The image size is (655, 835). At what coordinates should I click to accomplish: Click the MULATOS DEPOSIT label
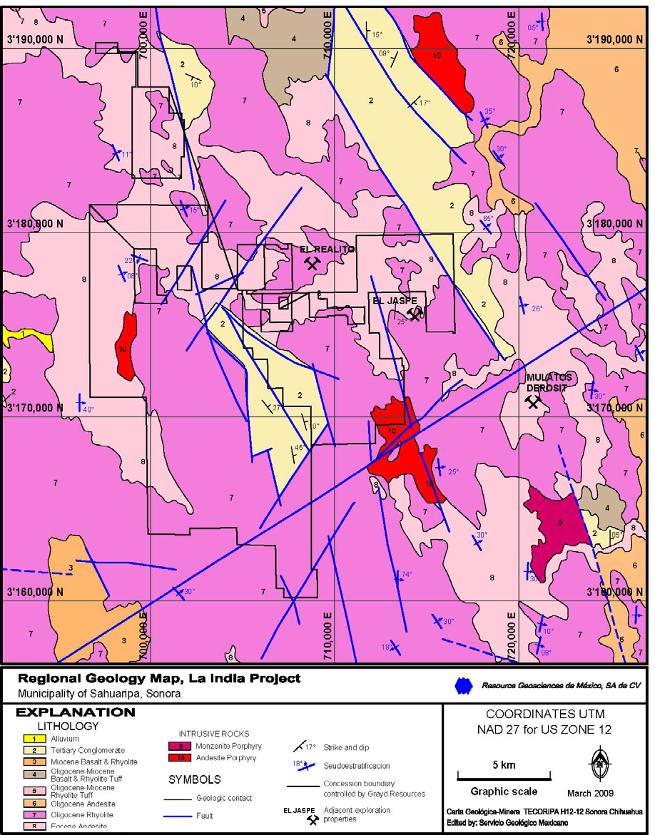(x=549, y=382)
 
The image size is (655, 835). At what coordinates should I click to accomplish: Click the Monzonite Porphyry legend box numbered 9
(x=181, y=746)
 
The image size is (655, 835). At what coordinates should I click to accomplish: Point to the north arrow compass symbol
(x=599, y=764)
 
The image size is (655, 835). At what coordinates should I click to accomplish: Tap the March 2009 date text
(x=589, y=793)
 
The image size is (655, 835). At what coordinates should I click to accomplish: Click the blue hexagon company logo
(x=464, y=685)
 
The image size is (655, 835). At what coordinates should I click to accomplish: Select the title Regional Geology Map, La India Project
(x=158, y=678)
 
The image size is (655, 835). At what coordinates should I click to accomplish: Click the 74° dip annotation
(x=407, y=574)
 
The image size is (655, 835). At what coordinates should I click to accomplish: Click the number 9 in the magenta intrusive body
(x=560, y=523)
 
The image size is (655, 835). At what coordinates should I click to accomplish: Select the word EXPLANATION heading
(x=75, y=712)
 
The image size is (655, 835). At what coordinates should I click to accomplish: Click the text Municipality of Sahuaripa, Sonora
(x=99, y=693)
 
